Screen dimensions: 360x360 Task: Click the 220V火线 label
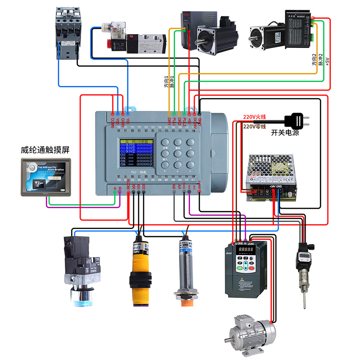255,117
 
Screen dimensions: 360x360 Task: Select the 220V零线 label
255,127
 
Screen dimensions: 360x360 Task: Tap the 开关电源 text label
285,133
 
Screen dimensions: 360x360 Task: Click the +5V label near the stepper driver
327,61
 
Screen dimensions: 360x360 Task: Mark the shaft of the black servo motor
209,45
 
